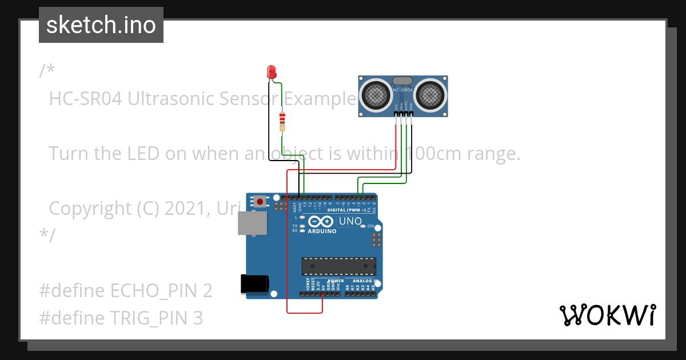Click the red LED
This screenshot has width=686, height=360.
pos(272,72)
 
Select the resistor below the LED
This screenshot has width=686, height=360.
pos(282,121)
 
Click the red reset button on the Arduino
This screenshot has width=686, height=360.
pos(260,201)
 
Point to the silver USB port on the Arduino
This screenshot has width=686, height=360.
pos(252,223)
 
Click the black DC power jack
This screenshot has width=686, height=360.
pos(254,283)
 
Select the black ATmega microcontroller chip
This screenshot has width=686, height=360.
pos(339,266)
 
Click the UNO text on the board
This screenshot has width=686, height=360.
pos(350,221)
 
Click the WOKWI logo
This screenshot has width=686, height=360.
pos(607,315)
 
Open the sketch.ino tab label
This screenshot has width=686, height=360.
pos(101,25)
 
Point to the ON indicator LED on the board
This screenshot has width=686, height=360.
pos(362,226)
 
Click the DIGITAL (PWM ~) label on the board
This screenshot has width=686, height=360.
pos(348,210)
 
